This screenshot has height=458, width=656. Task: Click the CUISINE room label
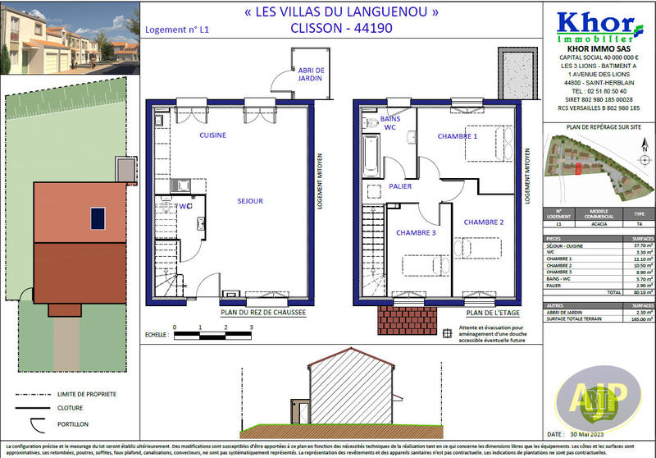(x=212, y=135)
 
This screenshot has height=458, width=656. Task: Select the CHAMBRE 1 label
(x=458, y=136)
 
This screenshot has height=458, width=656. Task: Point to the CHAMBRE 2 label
(x=484, y=222)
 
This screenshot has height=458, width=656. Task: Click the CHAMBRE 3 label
(x=416, y=233)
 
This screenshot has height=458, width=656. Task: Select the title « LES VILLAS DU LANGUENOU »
(x=324, y=12)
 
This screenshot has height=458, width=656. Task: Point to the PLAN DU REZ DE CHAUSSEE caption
(x=262, y=313)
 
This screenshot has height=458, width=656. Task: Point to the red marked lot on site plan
(x=576, y=169)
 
